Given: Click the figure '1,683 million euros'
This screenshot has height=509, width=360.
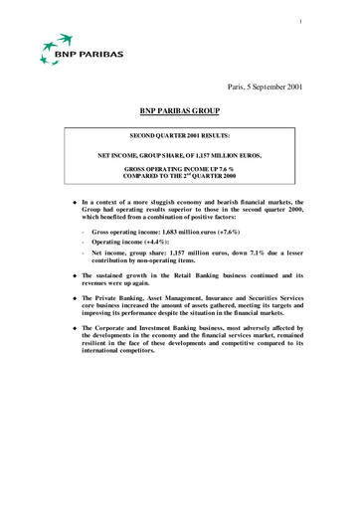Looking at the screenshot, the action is pyautogui.click(x=187, y=229).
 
